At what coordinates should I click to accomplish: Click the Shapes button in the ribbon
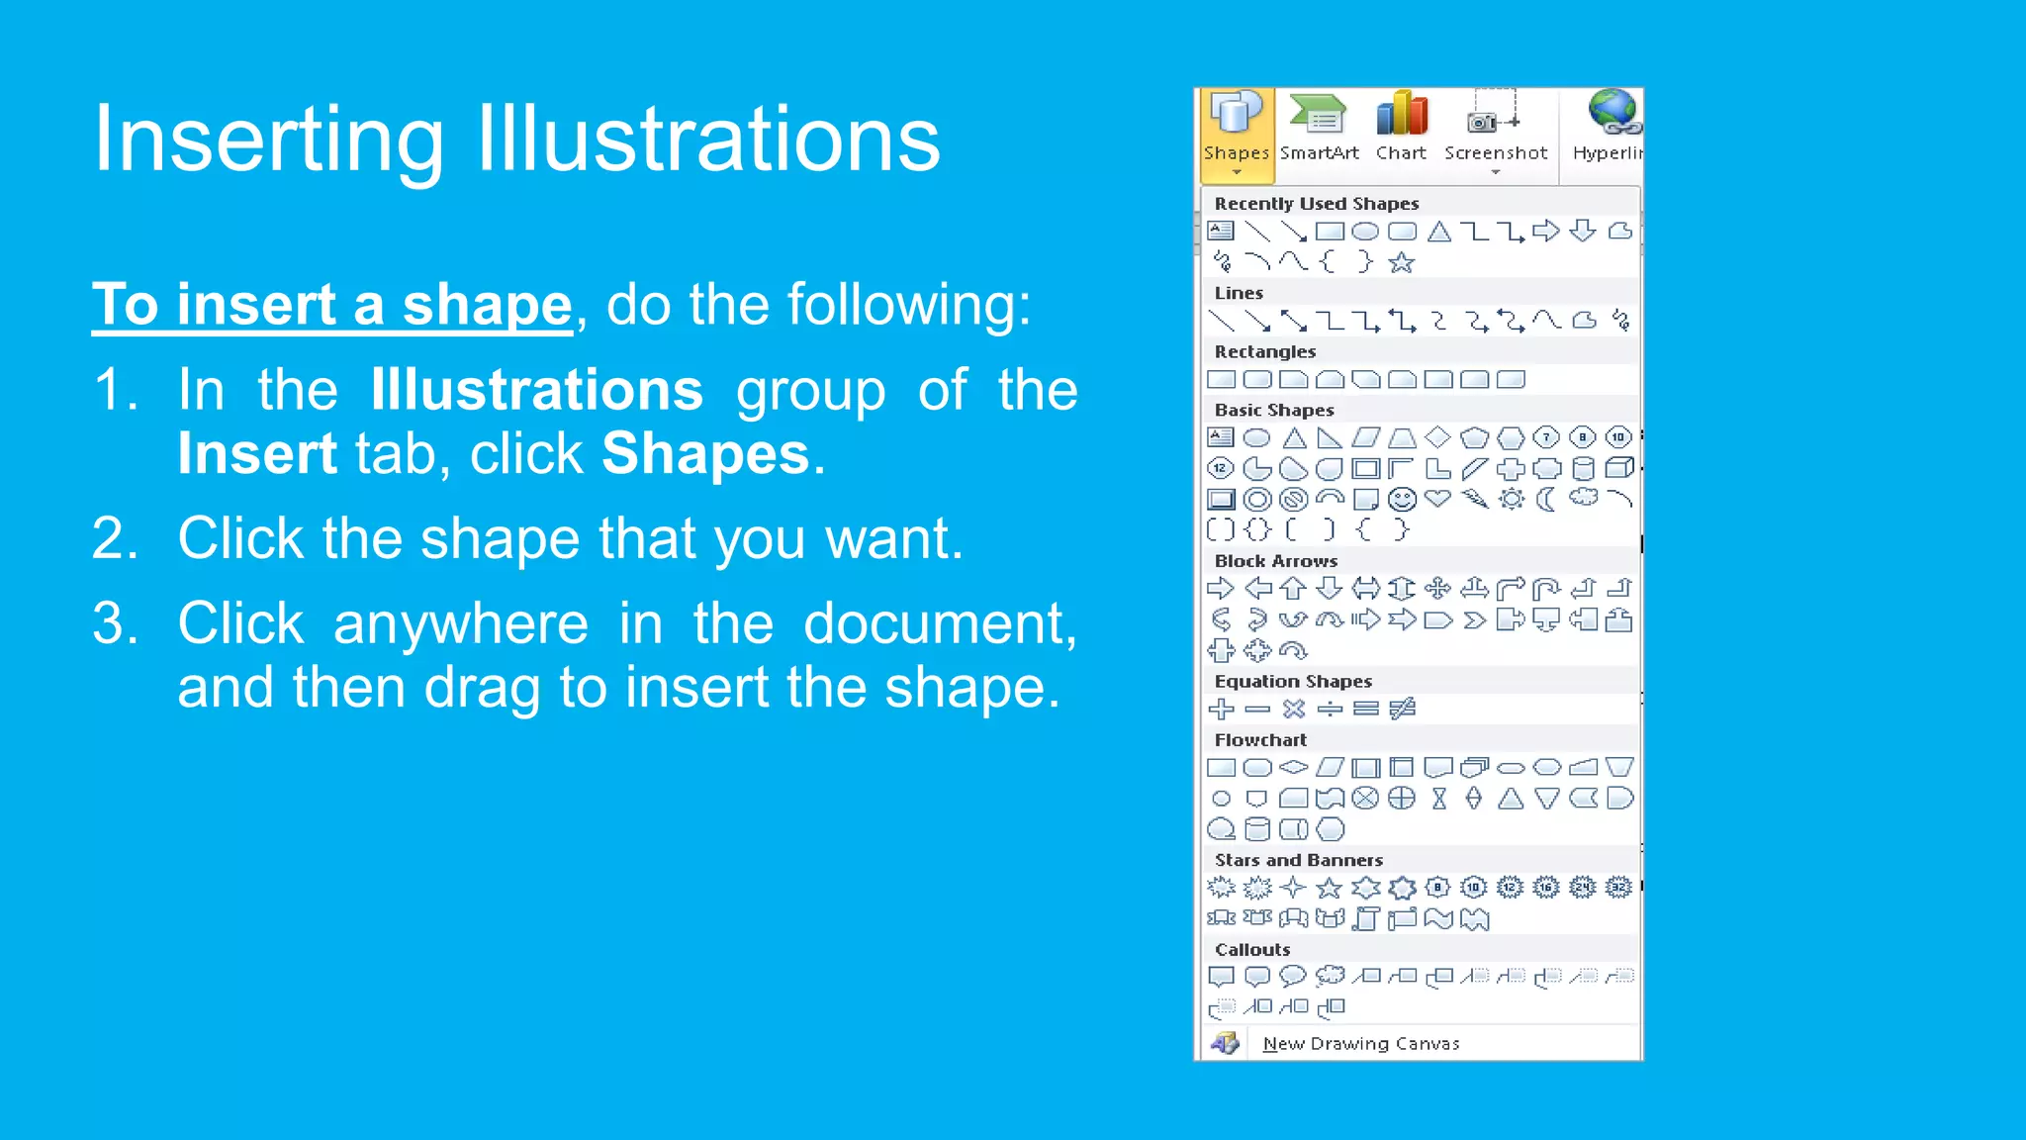(1236, 134)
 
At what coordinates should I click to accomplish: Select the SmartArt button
(1319, 129)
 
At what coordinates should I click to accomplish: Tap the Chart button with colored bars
(1401, 129)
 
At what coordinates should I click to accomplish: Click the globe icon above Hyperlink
(1612, 112)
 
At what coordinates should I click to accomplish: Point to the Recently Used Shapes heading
(1317, 204)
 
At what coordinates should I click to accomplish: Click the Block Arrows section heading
(1276, 561)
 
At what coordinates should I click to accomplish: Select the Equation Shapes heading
(1293, 682)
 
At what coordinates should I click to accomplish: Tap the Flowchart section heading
(1260, 740)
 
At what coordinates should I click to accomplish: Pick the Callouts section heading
(1252, 950)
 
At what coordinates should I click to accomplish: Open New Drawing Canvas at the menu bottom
(1360, 1044)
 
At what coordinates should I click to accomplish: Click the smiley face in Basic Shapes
(1402, 500)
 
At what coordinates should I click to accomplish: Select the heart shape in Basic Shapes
(1438, 499)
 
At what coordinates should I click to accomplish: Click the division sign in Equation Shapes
(1331, 710)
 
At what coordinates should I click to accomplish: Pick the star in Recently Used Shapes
(1402, 263)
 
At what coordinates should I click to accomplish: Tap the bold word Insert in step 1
(257, 454)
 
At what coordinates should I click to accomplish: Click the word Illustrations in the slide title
(708, 140)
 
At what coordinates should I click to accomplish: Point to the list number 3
(115, 624)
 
